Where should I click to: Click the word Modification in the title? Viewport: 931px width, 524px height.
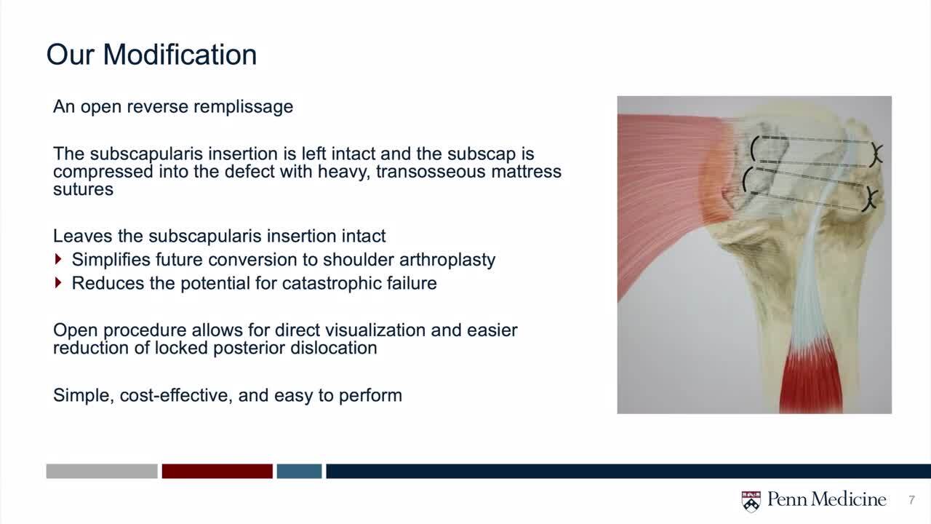tap(180, 55)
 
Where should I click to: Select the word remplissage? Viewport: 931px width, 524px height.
tap(243, 107)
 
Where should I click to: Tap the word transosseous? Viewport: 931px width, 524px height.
tap(431, 171)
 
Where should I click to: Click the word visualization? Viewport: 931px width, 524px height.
tap(351, 330)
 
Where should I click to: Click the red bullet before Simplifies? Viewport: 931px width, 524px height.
tap(58, 259)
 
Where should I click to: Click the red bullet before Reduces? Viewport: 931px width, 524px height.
tap(58, 283)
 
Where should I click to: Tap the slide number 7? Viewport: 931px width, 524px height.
tap(911, 499)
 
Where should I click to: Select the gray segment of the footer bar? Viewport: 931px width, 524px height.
tap(102, 471)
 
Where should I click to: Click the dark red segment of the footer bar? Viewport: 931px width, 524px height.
tap(217, 471)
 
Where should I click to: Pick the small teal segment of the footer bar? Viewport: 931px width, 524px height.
tap(299, 471)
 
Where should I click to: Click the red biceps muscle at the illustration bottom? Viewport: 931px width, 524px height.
tap(811, 383)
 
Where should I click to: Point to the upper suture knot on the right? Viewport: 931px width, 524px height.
tap(876, 154)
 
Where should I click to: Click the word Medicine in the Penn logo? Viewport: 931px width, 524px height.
tap(847, 499)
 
